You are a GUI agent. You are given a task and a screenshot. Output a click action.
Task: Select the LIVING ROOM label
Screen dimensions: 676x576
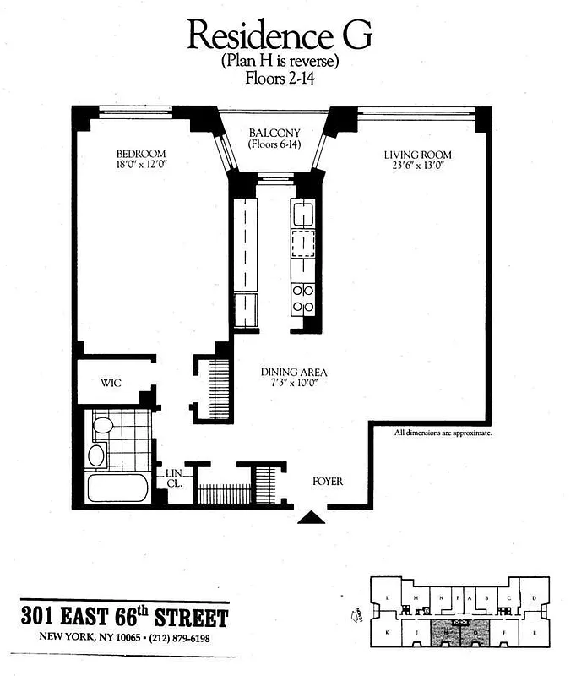pyautogui.click(x=417, y=155)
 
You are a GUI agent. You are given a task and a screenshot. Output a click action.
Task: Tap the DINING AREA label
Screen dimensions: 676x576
pyautogui.click(x=294, y=372)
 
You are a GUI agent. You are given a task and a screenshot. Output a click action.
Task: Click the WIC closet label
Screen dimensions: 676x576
pyautogui.click(x=111, y=383)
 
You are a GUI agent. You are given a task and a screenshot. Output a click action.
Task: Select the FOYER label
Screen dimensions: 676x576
pyautogui.click(x=328, y=481)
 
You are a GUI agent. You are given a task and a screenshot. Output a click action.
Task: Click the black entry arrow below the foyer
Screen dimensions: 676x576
pyautogui.click(x=312, y=516)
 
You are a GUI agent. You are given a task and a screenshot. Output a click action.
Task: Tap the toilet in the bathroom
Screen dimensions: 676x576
pyautogui.click(x=103, y=424)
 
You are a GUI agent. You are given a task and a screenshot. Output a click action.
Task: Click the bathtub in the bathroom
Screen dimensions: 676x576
pyautogui.click(x=117, y=488)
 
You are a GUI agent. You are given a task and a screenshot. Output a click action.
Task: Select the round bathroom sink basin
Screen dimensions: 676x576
pyautogui.click(x=96, y=455)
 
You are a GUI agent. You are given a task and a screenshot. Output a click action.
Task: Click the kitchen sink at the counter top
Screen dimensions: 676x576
pyautogui.click(x=303, y=212)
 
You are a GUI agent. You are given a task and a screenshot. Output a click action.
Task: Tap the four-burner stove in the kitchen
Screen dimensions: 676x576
pyautogui.click(x=303, y=297)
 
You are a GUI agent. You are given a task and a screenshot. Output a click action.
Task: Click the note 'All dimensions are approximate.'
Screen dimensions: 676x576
pyautogui.click(x=443, y=433)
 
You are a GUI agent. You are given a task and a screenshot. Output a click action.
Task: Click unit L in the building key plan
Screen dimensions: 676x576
pyautogui.click(x=386, y=598)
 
